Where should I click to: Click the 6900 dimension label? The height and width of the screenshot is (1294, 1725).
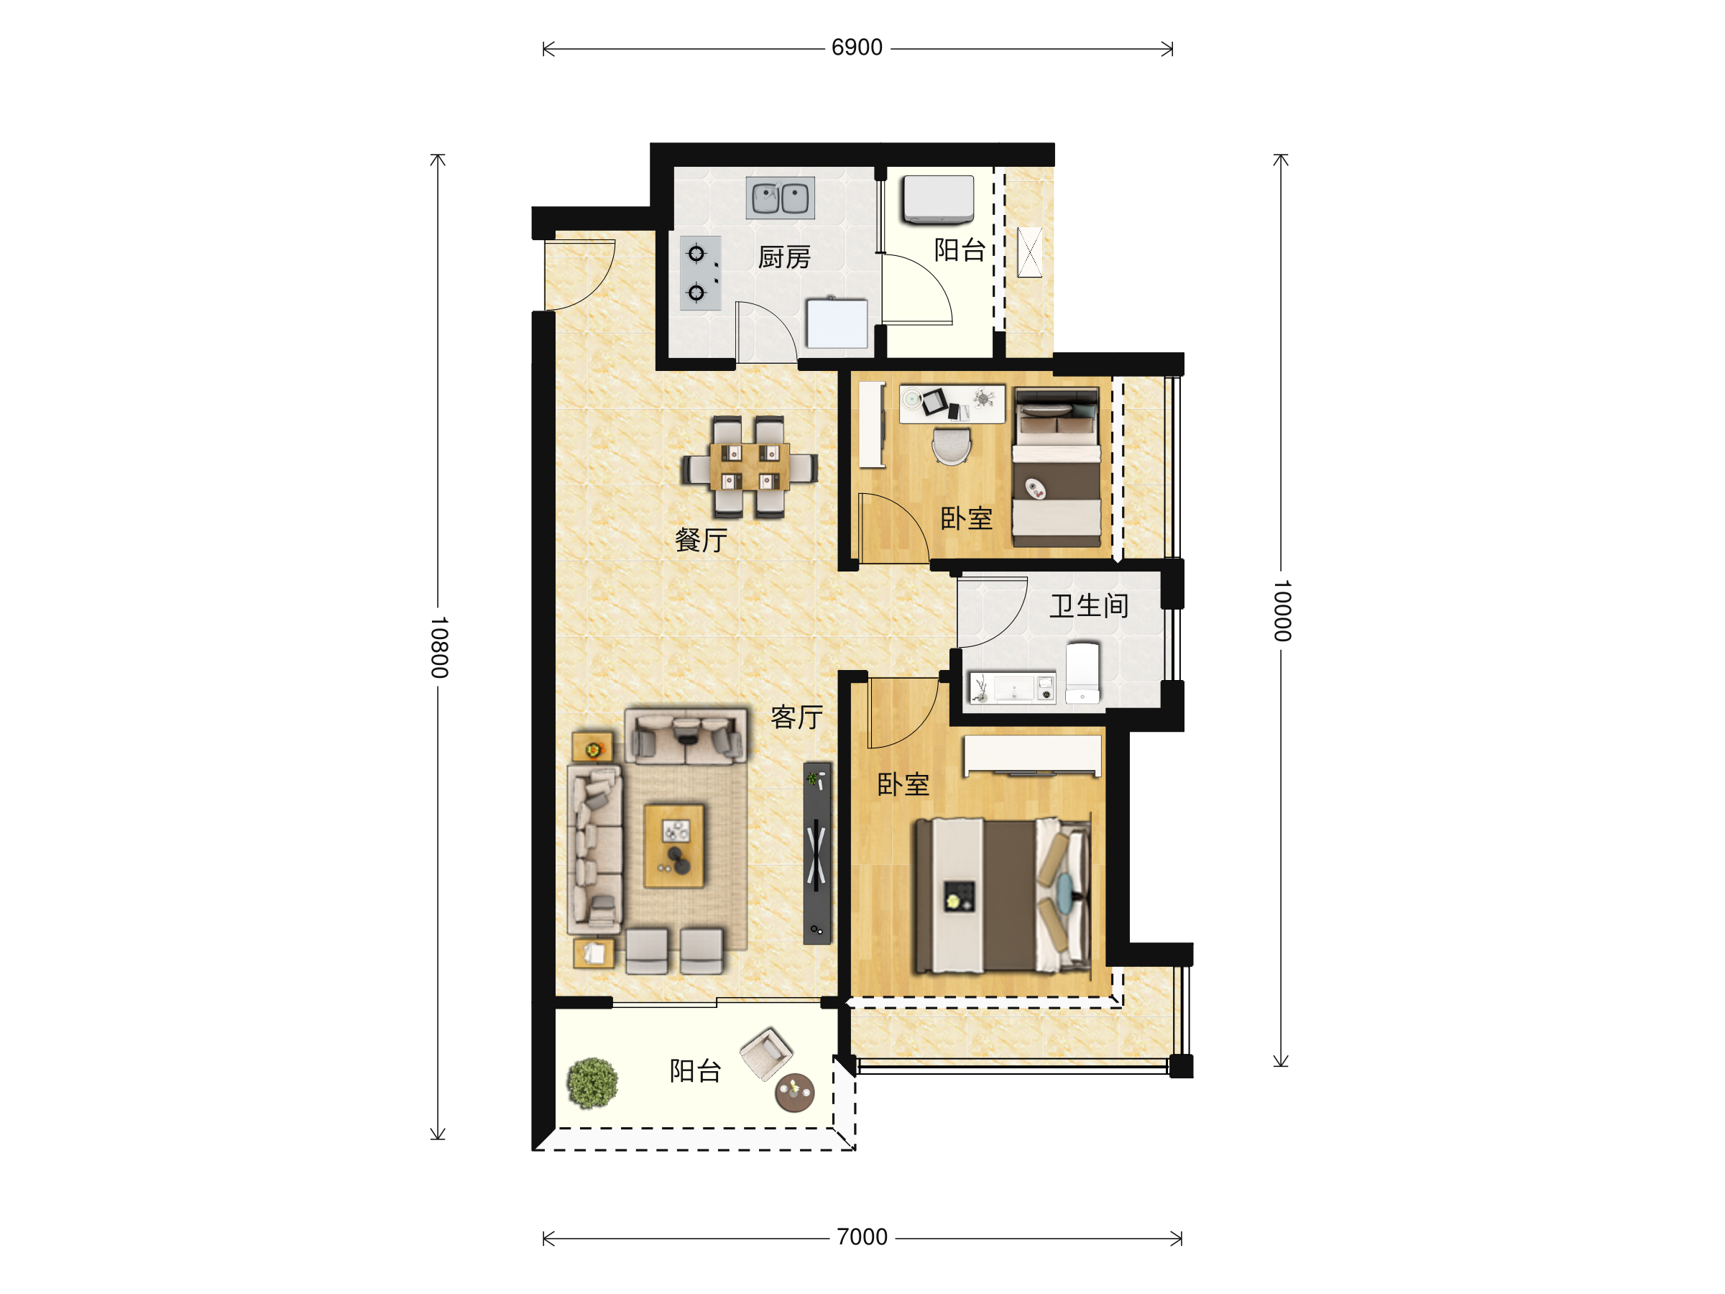click(856, 47)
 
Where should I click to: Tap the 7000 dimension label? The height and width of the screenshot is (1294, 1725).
click(862, 1237)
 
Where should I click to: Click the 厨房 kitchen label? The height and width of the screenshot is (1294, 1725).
click(785, 257)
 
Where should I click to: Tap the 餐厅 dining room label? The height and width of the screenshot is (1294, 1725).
click(701, 540)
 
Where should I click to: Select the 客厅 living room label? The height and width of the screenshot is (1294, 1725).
click(796, 717)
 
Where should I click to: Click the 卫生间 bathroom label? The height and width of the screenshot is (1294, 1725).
click(1089, 605)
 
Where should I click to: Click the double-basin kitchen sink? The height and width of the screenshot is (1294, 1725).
click(780, 198)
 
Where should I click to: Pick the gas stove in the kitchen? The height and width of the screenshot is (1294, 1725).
click(699, 273)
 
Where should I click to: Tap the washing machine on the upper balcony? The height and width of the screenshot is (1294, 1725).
click(938, 199)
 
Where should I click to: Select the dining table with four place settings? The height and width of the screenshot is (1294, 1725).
click(750, 467)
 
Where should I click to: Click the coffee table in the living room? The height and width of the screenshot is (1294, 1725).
click(673, 846)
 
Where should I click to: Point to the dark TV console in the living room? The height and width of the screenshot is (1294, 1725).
click(816, 853)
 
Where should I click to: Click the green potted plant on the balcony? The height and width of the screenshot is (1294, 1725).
click(592, 1083)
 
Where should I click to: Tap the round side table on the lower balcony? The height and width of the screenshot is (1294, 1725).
click(794, 1092)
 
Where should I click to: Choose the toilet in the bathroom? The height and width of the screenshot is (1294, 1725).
click(1082, 673)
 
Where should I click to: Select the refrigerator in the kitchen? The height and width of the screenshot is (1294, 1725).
click(837, 322)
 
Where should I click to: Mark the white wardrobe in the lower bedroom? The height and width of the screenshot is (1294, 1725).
click(1033, 756)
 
